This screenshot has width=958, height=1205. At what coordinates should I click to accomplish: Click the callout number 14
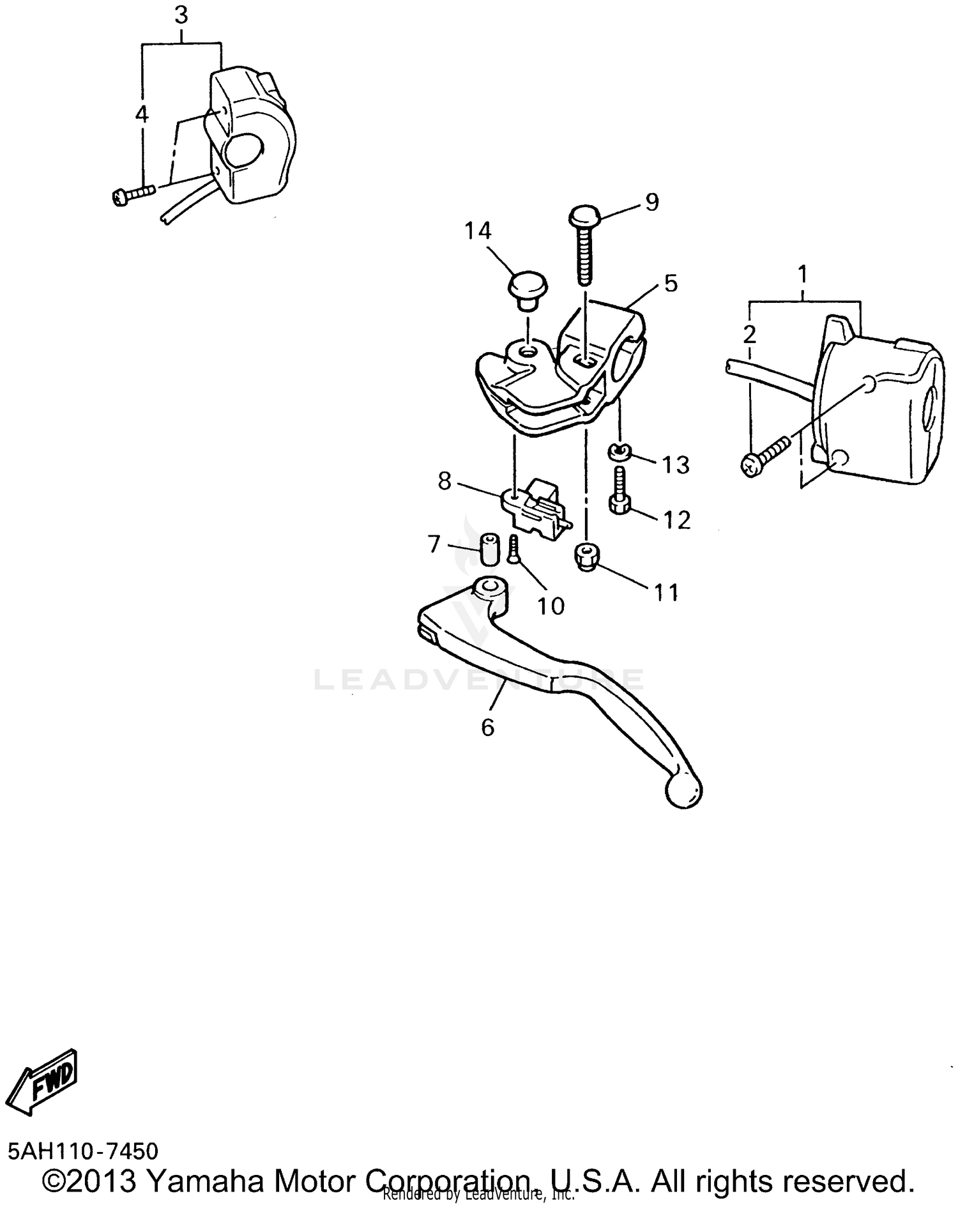coord(478,231)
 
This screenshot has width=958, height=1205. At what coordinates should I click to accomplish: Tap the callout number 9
coord(651,202)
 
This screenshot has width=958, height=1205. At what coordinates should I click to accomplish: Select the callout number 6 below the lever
coord(487,727)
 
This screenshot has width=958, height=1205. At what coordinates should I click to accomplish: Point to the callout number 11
coord(666,593)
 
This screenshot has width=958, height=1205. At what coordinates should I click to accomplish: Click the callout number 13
coord(676,464)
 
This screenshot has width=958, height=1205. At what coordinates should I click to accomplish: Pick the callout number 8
coord(445,480)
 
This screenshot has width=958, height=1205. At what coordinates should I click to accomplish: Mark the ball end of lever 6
coord(683,792)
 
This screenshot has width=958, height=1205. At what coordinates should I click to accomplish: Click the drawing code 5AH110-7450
coord(83,1150)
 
